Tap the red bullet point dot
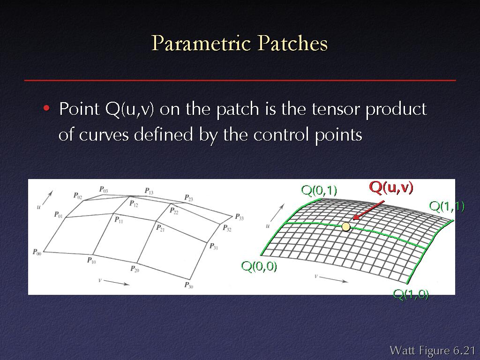click(x=46, y=108)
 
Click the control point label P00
click(x=37, y=252)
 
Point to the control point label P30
click(x=188, y=285)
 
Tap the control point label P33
click(x=240, y=217)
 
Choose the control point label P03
click(x=104, y=189)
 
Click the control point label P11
click(x=119, y=219)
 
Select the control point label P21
click(x=160, y=228)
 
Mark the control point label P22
click(x=174, y=210)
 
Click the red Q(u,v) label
click(x=391, y=187)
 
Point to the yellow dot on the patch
click(x=346, y=226)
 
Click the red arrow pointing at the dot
click(x=368, y=210)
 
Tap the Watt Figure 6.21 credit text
click(x=432, y=350)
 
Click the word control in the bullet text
click(x=280, y=135)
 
